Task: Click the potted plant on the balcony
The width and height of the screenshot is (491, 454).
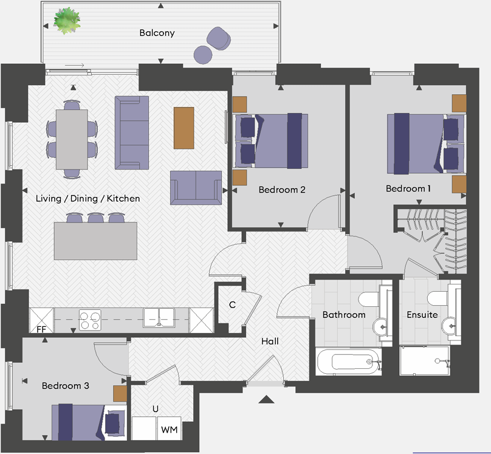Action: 67,21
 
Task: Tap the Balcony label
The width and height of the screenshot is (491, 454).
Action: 157,33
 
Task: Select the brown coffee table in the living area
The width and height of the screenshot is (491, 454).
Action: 184,128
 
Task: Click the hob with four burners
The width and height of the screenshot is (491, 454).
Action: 90,320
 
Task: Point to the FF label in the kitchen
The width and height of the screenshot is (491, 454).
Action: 41,329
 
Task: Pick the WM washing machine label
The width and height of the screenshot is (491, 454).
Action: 169,430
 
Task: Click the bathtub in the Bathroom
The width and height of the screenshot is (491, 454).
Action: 349,362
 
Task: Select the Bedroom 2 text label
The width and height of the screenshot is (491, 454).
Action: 282,190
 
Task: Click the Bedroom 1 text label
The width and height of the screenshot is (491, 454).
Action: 408,188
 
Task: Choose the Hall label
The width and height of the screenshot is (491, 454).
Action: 270,341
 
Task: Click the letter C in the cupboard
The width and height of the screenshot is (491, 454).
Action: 232,304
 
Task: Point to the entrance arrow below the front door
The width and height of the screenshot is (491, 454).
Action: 267,399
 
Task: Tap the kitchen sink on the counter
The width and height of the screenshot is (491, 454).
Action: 159,317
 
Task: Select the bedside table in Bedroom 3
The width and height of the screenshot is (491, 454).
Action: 120,394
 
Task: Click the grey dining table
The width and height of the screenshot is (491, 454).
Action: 72,139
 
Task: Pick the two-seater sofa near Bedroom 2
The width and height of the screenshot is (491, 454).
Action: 196,188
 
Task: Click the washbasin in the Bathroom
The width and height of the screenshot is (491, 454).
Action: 382,327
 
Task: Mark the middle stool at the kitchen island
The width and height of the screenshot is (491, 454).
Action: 95,218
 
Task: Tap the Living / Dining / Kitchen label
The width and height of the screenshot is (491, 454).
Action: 88,199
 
